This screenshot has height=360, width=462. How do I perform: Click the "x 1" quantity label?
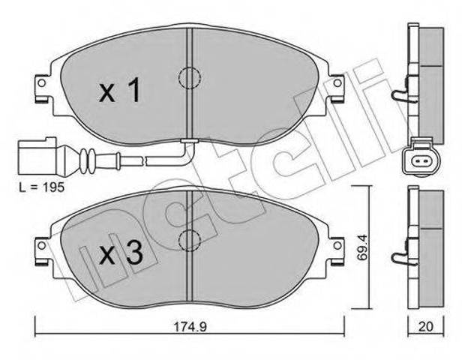pos(119,91)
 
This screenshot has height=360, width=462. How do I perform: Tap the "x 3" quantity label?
pos(121,253)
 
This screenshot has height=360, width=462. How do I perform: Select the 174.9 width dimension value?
pos(190,327)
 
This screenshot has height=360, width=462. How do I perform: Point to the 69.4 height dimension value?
pos(361,247)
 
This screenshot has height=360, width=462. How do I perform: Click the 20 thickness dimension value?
pos(426,326)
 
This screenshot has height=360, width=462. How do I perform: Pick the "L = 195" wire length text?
pos(41,187)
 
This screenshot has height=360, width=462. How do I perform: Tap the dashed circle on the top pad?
pos(190,78)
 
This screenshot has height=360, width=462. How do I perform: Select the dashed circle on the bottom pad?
pos(190,241)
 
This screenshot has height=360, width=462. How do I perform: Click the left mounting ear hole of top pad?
pos(42,83)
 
